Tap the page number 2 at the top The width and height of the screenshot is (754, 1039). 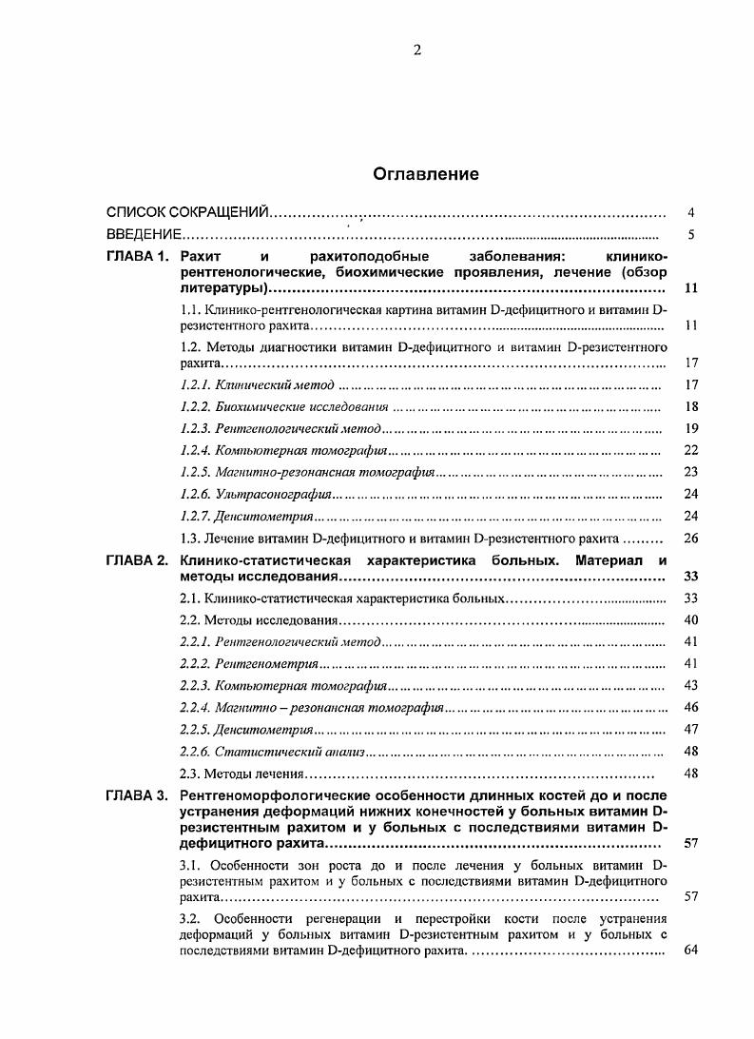point(416,50)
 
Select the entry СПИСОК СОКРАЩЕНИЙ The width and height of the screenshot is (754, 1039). point(187,212)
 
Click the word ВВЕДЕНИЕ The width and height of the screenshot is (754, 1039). point(143,235)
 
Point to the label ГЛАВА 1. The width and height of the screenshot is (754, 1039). point(137,257)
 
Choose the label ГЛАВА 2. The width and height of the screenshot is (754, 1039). point(137,560)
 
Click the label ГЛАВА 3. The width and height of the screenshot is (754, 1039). point(137,794)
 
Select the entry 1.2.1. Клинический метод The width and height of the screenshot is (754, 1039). point(257,385)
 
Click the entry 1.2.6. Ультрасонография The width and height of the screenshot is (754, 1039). point(255,494)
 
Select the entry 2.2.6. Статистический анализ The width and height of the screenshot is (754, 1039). point(271,752)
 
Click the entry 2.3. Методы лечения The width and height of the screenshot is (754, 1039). point(241,774)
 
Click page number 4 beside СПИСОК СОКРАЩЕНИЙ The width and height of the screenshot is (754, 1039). point(691,212)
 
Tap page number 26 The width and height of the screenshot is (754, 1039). point(691,538)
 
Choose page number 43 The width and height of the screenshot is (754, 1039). point(691,685)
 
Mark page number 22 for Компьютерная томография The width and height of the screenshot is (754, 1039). point(691,450)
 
